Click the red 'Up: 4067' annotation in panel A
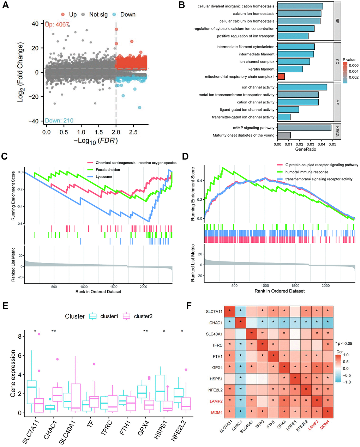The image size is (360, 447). pos(57,25)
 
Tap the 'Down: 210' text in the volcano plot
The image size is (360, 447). pos(59,121)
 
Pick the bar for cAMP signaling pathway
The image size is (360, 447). pos(304,128)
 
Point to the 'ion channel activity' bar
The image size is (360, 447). pos(302,87)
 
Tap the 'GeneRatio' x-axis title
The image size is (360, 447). pos(306,149)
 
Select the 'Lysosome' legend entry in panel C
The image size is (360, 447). pos(104,177)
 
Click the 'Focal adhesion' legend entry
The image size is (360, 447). pos(108,170)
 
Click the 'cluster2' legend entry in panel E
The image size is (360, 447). pos(143,316)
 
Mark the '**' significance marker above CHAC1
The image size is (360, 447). pos(54,331)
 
